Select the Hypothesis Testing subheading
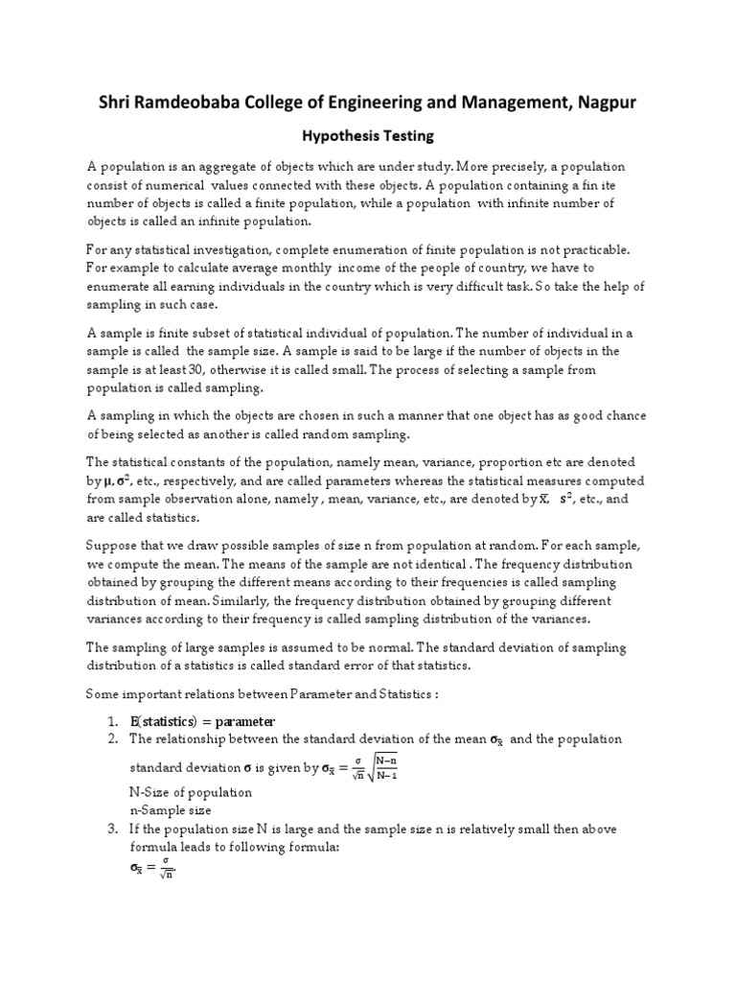pyautogui.click(x=368, y=137)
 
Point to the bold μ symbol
pyautogui.click(x=110, y=480)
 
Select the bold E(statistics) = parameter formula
pyautogui.click(x=203, y=720)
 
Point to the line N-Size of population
pyautogui.click(x=191, y=792)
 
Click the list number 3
pyautogui.click(x=112, y=829)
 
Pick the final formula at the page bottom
pyautogui.click(x=153, y=869)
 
